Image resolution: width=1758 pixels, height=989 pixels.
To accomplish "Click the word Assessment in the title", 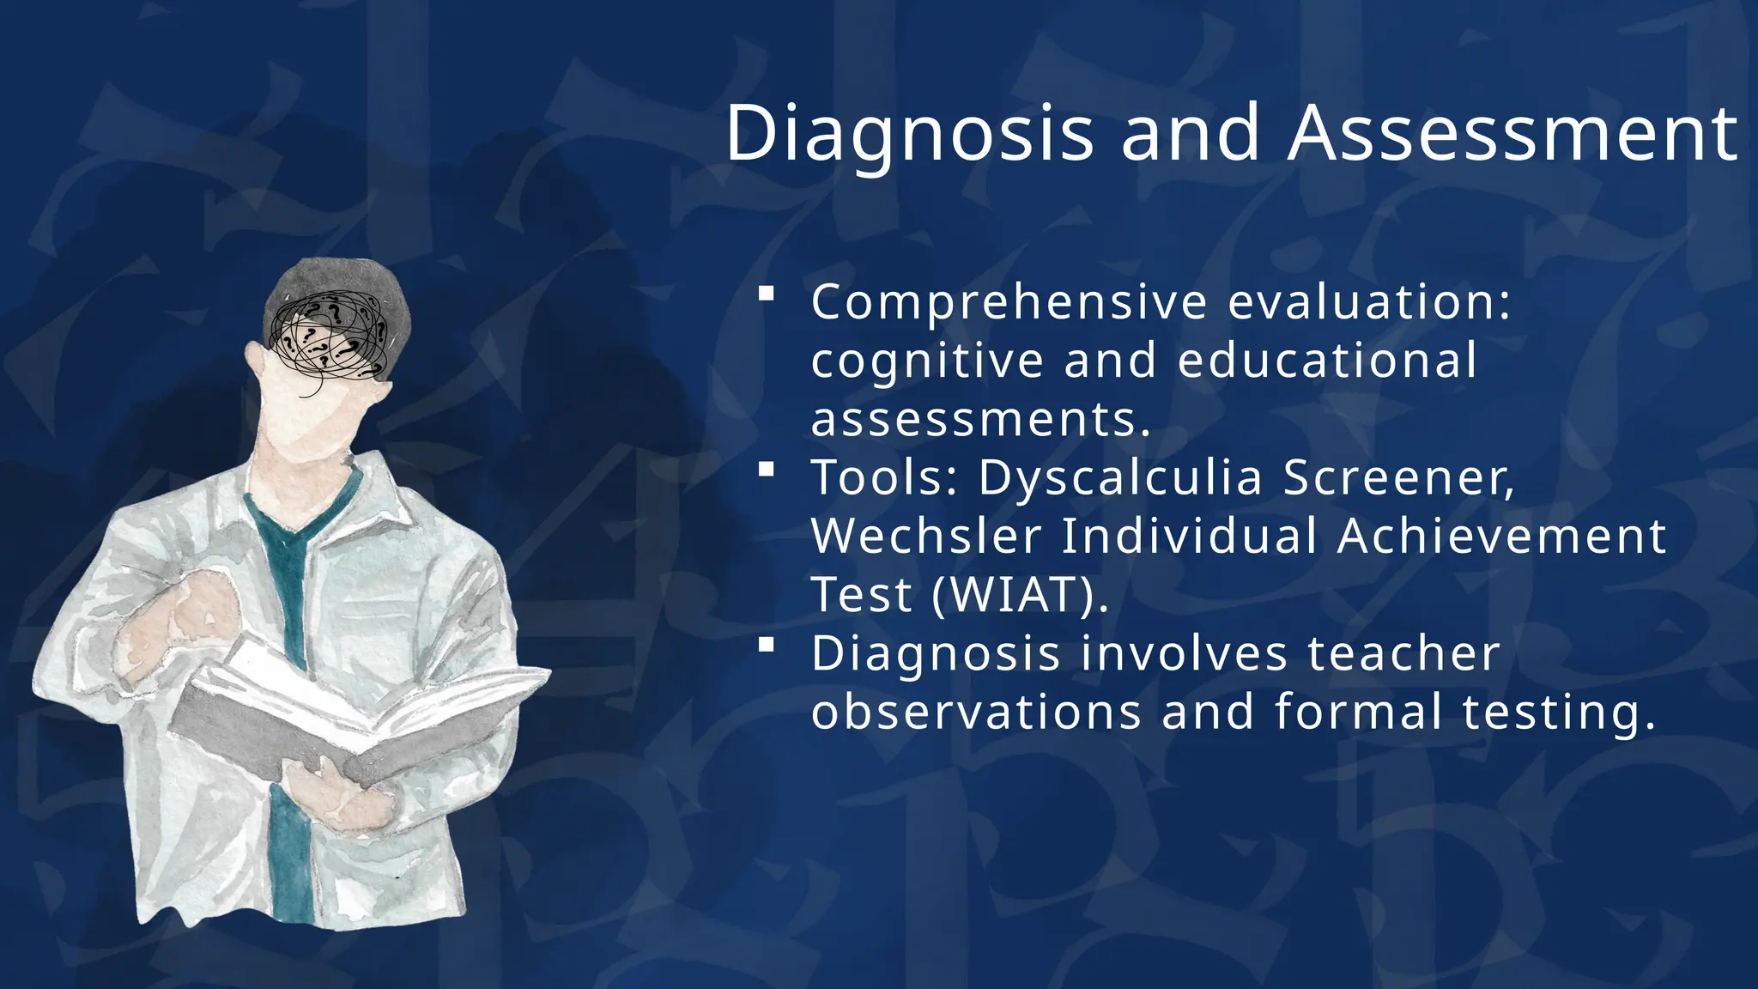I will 1512,134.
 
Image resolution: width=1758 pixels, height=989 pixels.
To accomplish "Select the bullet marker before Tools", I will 767,469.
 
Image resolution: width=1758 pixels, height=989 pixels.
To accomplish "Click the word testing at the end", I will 1558,713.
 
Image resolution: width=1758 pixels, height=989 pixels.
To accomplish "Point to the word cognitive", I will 927,361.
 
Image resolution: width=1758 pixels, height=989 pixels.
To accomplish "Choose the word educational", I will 1327,361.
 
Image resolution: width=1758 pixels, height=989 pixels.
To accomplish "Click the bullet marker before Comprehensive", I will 767,294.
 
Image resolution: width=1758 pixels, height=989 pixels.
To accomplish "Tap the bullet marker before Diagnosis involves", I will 767,645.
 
